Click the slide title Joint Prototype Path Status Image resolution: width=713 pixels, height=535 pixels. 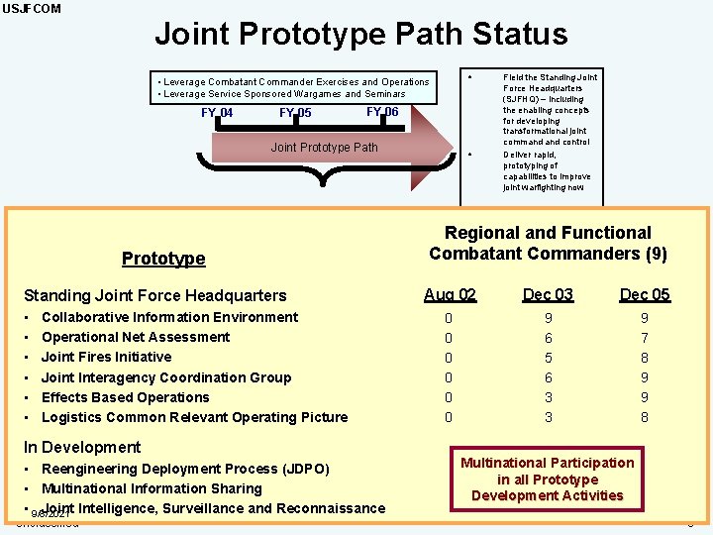pyautogui.click(x=360, y=35)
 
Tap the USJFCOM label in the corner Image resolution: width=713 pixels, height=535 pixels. pyautogui.click(x=31, y=9)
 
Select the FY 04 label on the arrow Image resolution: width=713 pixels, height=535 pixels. pyautogui.click(x=217, y=113)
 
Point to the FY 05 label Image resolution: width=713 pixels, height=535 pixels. pyautogui.click(x=295, y=113)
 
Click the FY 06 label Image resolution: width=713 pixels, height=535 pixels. pyautogui.click(x=382, y=112)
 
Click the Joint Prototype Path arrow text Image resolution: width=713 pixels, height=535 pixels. pyautogui.click(x=324, y=148)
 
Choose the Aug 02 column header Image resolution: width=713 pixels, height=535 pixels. pyautogui.click(x=450, y=294)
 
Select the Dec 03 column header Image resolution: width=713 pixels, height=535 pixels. pyautogui.click(x=548, y=294)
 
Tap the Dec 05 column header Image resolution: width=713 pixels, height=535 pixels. pyautogui.click(x=645, y=294)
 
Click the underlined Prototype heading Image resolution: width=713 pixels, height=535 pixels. pyautogui.click(x=163, y=259)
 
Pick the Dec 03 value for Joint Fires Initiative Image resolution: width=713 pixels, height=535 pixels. pyautogui.click(x=548, y=358)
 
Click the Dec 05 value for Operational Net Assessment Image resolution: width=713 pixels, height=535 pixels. pyautogui.click(x=645, y=338)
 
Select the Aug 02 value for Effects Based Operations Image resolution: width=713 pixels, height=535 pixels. pyautogui.click(x=449, y=397)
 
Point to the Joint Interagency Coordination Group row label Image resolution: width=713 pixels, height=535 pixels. pyautogui.click(x=166, y=377)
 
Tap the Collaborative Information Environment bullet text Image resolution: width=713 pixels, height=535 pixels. pyautogui.click(x=169, y=317)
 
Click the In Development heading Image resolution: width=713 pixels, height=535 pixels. pyautogui.click(x=82, y=447)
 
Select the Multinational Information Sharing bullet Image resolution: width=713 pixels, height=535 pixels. pyautogui.click(x=152, y=488)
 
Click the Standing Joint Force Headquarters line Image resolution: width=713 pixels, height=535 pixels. pyautogui.click(x=154, y=295)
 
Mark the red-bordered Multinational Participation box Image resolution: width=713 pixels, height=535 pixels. pyautogui.click(x=548, y=479)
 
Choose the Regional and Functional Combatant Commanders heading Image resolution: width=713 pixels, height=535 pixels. pyautogui.click(x=548, y=243)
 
